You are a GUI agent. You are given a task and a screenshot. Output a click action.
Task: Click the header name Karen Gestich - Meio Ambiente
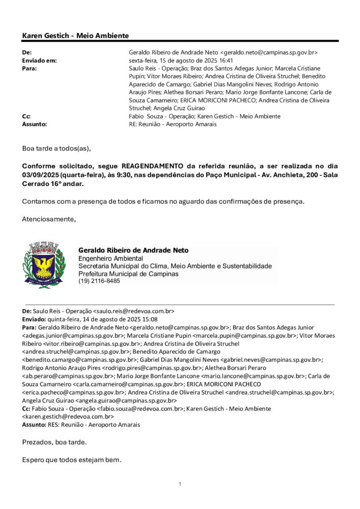pos(76,36)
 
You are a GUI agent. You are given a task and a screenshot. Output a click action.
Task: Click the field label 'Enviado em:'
pos(40,60)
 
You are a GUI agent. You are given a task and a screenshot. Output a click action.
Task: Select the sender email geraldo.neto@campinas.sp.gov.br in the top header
pos(269,52)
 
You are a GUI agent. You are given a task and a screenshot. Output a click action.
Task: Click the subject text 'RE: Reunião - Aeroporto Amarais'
pos(173,124)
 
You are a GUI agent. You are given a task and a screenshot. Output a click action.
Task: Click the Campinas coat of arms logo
pos(44,264)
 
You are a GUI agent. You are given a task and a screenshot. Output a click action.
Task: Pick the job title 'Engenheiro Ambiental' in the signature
pos(110,258)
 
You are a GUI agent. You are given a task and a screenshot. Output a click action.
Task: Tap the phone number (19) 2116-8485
pos(99,281)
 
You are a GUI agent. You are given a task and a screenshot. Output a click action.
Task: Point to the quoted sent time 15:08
pos(150,319)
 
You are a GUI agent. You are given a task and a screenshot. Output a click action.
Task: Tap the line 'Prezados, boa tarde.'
pos(54,442)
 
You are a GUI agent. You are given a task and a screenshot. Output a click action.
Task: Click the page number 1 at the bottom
pos(180,484)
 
